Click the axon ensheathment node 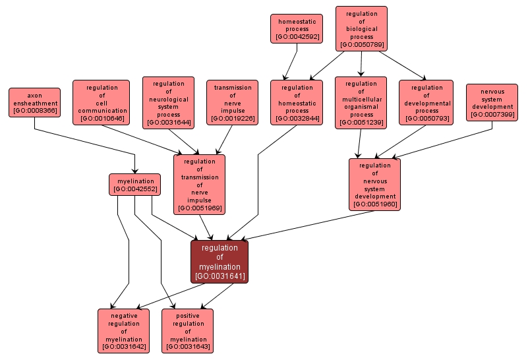coord(34,103)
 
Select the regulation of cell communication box coord(102,103)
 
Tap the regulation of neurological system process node coord(168,103)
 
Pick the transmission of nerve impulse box coord(232,103)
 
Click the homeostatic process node coord(297,29)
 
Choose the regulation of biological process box coord(361,28)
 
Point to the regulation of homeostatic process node coord(297,103)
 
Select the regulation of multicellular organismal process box coord(361,103)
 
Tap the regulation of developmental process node coord(426,103)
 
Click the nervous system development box coord(492,102)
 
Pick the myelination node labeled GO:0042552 coord(135,185)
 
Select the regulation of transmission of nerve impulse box coord(199,185)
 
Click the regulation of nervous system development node coord(374,185)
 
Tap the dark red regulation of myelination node coord(220,262)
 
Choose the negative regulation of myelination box coord(123,330)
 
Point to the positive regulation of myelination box coord(188,330)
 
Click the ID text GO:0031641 coord(220,276)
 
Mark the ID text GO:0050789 coord(361,45)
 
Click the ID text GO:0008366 coord(34,111)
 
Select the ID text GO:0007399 coord(492,115)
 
